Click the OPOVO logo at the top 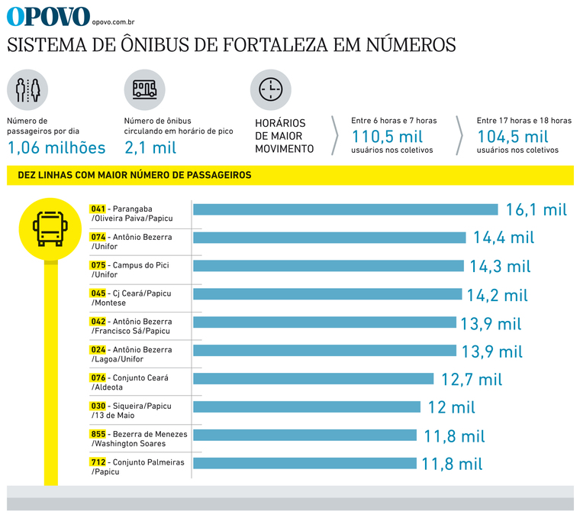pyautogui.click(x=47, y=15)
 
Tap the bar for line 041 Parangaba pyautogui.click(x=346, y=209)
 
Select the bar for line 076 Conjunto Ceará pyautogui.click(x=314, y=378)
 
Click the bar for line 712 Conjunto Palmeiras pyautogui.click(x=304, y=463)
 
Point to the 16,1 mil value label pyautogui.click(x=536, y=210)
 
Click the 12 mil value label pyautogui.click(x=453, y=407)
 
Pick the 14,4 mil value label pyautogui.click(x=504, y=238)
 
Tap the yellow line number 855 pyautogui.click(x=98, y=435)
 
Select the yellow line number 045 pyautogui.click(x=98, y=293)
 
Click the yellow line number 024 pyautogui.click(x=98, y=350)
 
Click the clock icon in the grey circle pyautogui.click(x=270, y=89)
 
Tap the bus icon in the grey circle pyautogui.click(x=144, y=89)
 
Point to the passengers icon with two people pyautogui.click(x=27, y=89)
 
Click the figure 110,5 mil pyautogui.click(x=387, y=137)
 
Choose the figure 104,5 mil pyautogui.click(x=513, y=137)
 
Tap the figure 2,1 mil pyautogui.click(x=150, y=147)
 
